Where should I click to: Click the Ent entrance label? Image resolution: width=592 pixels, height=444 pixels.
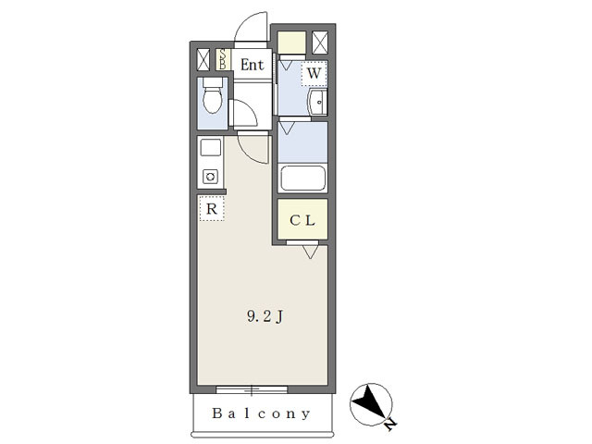(x=253, y=65)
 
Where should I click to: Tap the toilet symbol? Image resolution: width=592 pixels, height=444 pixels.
(x=213, y=96)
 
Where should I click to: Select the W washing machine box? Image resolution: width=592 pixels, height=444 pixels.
(x=314, y=73)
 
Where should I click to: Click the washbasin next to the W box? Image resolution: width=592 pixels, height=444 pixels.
(x=317, y=103)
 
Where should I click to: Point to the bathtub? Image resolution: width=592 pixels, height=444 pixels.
(x=303, y=178)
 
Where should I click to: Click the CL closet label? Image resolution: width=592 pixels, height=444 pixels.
(x=303, y=220)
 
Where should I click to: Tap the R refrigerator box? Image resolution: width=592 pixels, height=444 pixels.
(x=212, y=209)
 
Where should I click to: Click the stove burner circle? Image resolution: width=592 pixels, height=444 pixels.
(x=210, y=176)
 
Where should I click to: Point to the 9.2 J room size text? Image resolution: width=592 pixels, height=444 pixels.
(x=264, y=316)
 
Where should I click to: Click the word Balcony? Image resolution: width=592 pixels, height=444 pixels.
(x=262, y=413)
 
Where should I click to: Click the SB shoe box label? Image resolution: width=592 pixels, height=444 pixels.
(x=223, y=60)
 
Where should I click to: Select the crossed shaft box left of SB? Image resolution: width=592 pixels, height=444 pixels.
(x=204, y=60)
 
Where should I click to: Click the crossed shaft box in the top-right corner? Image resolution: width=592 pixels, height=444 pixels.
(x=320, y=43)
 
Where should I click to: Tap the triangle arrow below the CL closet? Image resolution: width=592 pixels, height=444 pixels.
(x=310, y=250)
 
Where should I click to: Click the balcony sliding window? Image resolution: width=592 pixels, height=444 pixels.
(x=253, y=388)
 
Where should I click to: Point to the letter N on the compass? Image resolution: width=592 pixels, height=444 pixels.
(x=391, y=424)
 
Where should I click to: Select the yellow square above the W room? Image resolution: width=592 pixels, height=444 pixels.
(x=291, y=43)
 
